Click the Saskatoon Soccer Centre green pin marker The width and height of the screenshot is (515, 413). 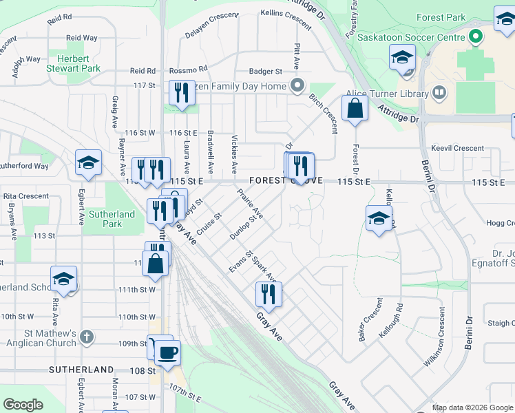(x=474, y=36)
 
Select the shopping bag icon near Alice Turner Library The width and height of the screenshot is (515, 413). (x=355, y=109)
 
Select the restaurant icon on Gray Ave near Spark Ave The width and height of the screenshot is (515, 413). (x=268, y=294)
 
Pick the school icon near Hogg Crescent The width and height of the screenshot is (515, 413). (x=379, y=219)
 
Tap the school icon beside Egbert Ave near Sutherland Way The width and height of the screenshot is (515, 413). (x=89, y=163)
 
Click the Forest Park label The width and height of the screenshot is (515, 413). (x=445, y=18)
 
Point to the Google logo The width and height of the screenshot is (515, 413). (x=23, y=405)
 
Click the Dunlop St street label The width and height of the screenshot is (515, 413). (x=246, y=226)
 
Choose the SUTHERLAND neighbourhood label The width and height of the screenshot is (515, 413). (x=81, y=370)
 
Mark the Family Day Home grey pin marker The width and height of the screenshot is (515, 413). (x=297, y=86)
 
